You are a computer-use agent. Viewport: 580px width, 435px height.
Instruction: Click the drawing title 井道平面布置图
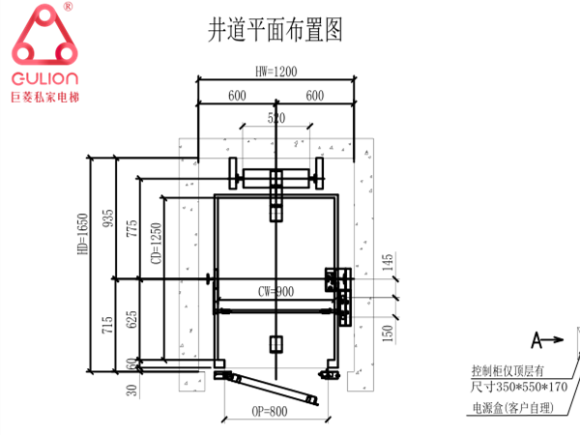tap(275, 28)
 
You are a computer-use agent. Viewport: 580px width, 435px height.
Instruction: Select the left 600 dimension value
tap(236, 96)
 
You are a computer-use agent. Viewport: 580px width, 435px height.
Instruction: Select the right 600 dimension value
tap(313, 96)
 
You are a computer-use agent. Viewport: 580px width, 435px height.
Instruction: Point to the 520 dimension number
tap(276, 119)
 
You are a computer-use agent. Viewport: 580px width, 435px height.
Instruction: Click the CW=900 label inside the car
tap(275, 291)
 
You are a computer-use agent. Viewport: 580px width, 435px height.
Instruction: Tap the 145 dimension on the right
tap(387, 262)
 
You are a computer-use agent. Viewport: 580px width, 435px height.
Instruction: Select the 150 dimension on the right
tap(387, 334)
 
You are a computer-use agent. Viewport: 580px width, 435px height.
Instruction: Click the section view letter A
tap(535, 339)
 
